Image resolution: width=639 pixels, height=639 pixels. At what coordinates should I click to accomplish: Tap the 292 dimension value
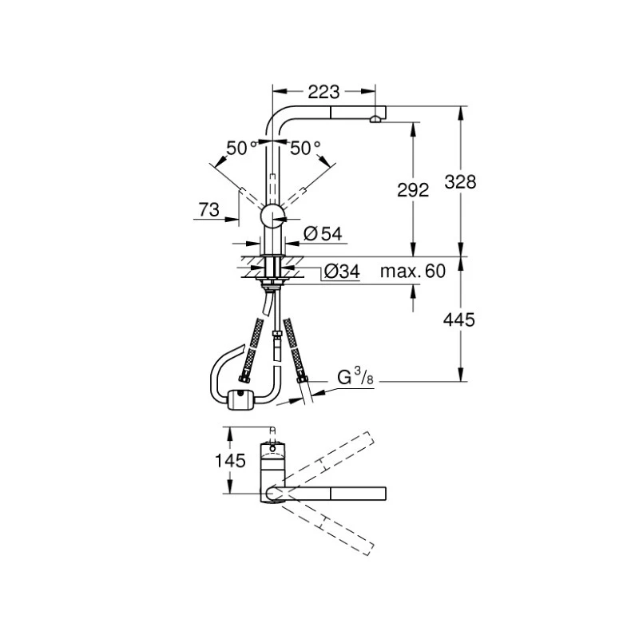pos(413,190)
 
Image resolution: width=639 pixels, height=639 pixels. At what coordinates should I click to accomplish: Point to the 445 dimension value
pos(458,319)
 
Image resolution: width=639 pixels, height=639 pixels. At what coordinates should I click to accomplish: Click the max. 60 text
pos(411,272)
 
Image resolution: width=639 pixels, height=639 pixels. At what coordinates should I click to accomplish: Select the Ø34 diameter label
pos(341,272)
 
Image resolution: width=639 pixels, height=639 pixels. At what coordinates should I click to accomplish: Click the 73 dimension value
pos(208,210)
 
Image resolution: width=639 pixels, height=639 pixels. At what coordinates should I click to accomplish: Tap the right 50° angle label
pos(305,148)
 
